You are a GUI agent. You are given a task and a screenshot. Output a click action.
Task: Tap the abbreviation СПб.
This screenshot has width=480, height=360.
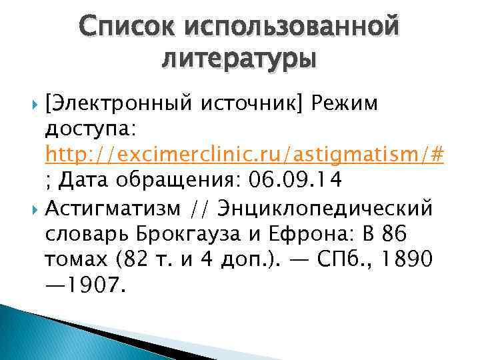340,261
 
